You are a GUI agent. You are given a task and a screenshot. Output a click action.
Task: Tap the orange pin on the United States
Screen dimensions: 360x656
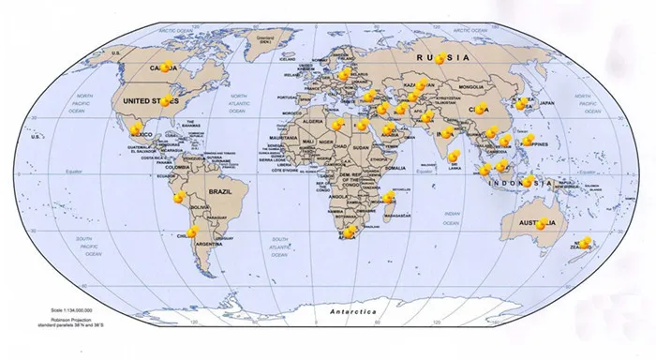(x=169, y=99)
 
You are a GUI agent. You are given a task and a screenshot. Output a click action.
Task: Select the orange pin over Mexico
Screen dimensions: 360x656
(x=137, y=128)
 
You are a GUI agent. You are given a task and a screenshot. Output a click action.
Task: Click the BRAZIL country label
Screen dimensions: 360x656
(x=220, y=191)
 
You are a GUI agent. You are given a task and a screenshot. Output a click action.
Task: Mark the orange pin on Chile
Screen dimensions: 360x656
(x=192, y=231)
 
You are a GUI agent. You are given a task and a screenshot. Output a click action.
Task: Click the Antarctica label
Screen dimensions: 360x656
(x=347, y=310)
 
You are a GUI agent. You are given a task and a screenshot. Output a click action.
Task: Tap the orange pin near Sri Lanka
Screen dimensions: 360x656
(x=454, y=157)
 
